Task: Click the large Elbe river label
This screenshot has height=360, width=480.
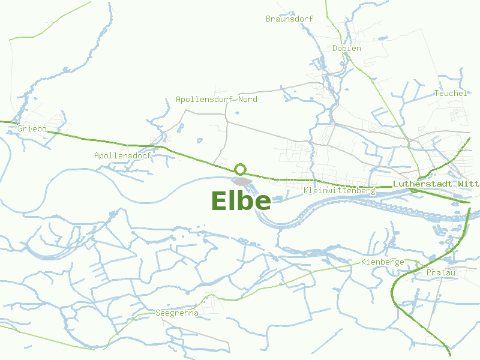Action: pos(241,201)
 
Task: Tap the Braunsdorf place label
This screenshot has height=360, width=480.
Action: pos(289,19)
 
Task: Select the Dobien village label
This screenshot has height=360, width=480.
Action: pos(347,48)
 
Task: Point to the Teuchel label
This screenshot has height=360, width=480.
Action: pos(450,93)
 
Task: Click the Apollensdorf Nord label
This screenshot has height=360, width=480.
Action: pos(216,99)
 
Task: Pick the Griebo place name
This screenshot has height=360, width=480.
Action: pos(32,128)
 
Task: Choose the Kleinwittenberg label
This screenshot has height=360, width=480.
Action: pos(340,191)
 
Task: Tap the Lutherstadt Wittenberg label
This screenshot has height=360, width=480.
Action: pos(436,184)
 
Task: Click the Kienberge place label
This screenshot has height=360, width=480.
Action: pos(382,262)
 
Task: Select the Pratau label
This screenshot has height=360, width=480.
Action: pos(441,273)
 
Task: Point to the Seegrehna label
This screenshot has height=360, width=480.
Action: pos(176,313)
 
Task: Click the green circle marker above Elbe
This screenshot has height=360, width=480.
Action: pos(241,169)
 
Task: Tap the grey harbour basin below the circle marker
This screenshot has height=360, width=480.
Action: pos(242,181)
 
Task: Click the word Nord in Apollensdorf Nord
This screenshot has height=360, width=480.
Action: pos(247,99)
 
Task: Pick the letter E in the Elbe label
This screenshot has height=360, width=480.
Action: pos(220,201)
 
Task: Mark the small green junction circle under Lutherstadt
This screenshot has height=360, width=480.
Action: pos(413,190)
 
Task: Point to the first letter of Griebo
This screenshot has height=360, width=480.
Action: pos(21,128)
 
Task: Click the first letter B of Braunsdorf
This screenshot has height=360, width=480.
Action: pos(268,19)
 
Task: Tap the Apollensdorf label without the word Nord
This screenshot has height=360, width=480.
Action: pos(122,155)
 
